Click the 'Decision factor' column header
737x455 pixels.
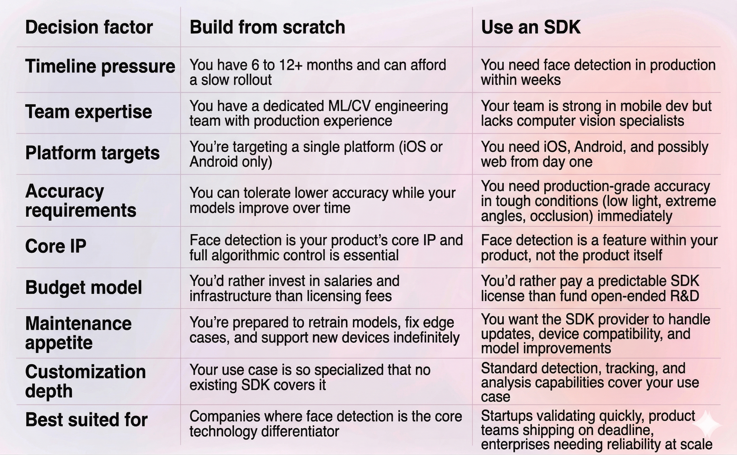pos(89,28)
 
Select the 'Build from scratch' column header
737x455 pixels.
pos(267,28)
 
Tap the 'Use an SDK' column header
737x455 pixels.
pos(531,28)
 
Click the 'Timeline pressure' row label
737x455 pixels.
pos(100,66)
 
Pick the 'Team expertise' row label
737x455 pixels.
pos(88,112)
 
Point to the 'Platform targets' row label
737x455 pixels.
pos(92,153)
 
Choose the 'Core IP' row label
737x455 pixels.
pos(56,246)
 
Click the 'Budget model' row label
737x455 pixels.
pos(83,287)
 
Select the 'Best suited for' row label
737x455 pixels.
pos(87,420)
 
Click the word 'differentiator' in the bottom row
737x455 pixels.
pos(300,431)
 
